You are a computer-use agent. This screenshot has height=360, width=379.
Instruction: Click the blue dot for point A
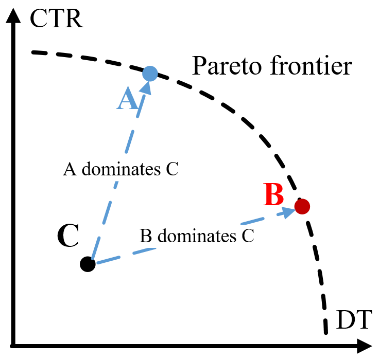click(149, 74)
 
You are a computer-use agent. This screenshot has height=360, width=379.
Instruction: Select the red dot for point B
click(302, 206)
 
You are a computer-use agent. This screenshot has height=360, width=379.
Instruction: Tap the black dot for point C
click(88, 264)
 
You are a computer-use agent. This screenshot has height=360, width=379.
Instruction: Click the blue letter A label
click(127, 99)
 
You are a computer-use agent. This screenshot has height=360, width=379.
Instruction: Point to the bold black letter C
click(67, 237)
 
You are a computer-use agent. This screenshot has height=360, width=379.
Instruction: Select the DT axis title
click(354, 320)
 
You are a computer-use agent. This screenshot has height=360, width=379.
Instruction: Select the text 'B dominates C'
click(197, 236)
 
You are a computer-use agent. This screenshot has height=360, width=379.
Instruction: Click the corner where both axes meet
click(15, 345)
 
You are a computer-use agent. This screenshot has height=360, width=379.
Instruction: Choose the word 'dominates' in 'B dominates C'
click(198, 236)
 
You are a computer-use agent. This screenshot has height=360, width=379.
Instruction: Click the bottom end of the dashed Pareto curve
click(326, 332)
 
